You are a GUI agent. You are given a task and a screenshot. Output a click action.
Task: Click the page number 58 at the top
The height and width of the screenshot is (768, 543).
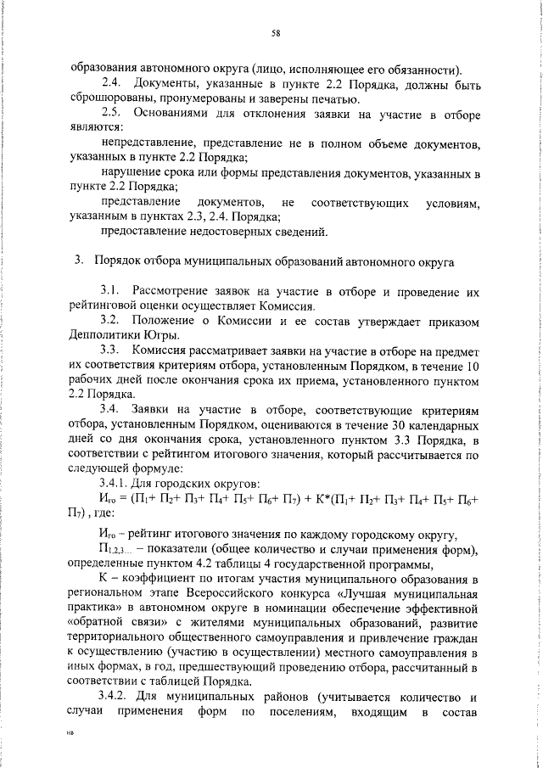pos(276,33)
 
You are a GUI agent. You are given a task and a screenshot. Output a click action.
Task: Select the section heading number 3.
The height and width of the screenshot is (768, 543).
pos(78,261)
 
